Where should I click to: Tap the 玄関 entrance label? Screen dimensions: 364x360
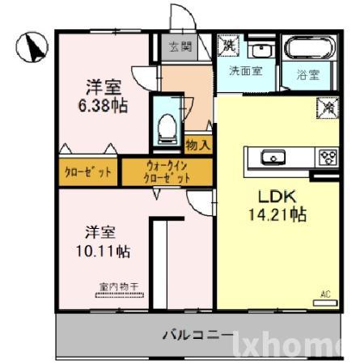coord(180,46)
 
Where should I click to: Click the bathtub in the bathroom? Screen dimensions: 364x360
coord(304,49)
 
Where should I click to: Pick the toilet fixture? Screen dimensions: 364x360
coord(168,125)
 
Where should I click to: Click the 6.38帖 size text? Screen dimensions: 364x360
coord(104,105)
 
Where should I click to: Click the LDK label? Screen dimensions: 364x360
coord(278,197)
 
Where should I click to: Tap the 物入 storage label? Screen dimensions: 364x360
coord(198,146)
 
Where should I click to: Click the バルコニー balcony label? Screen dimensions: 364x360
coord(198,334)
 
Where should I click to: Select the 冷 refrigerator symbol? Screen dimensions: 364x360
coord(329,106)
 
